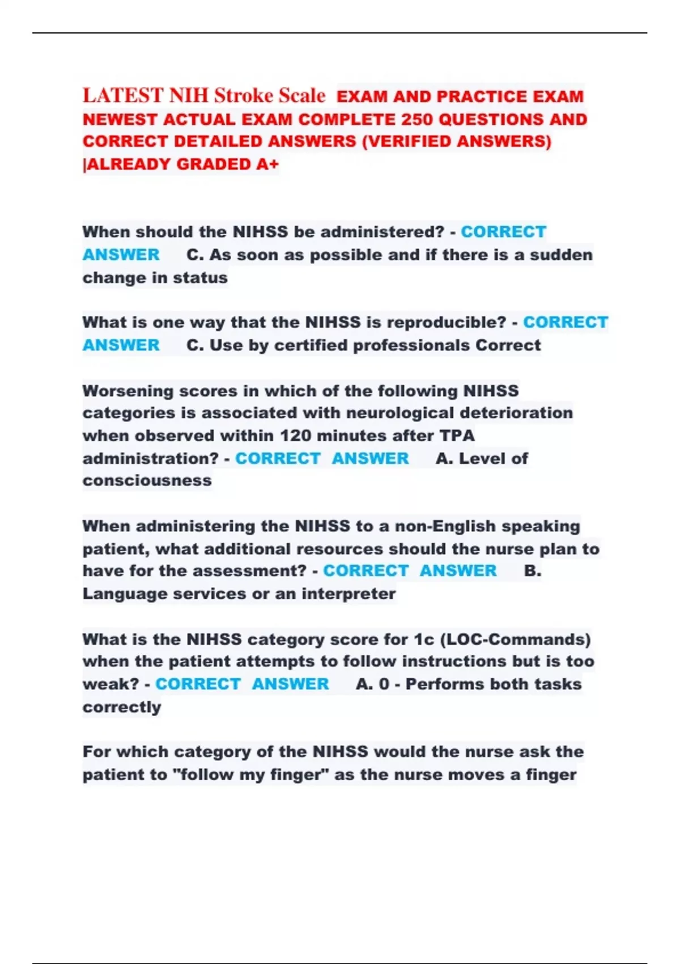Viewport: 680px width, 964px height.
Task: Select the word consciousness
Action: (147, 481)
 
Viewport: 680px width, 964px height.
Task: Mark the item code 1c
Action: (424, 640)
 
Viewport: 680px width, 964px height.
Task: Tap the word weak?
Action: (110, 684)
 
